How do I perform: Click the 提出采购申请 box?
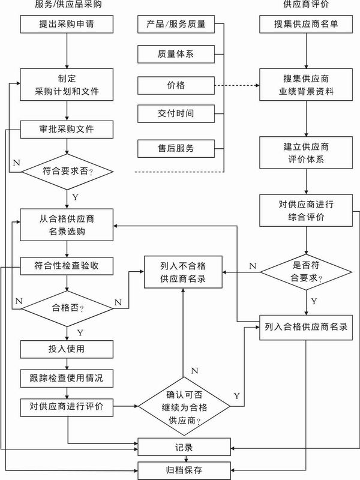(x=67, y=25)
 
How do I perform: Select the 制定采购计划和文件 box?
(x=67, y=85)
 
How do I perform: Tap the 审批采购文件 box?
(x=67, y=128)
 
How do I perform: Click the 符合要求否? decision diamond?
(x=67, y=172)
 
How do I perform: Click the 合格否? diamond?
(x=67, y=308)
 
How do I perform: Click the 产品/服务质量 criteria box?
(x=176, y=25)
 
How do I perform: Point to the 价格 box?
(x=176, y=85)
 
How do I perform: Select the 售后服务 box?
(x=176, y=147)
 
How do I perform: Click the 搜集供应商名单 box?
(x=306, y=25)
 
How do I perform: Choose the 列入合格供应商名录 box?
(x=306, y=328)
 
